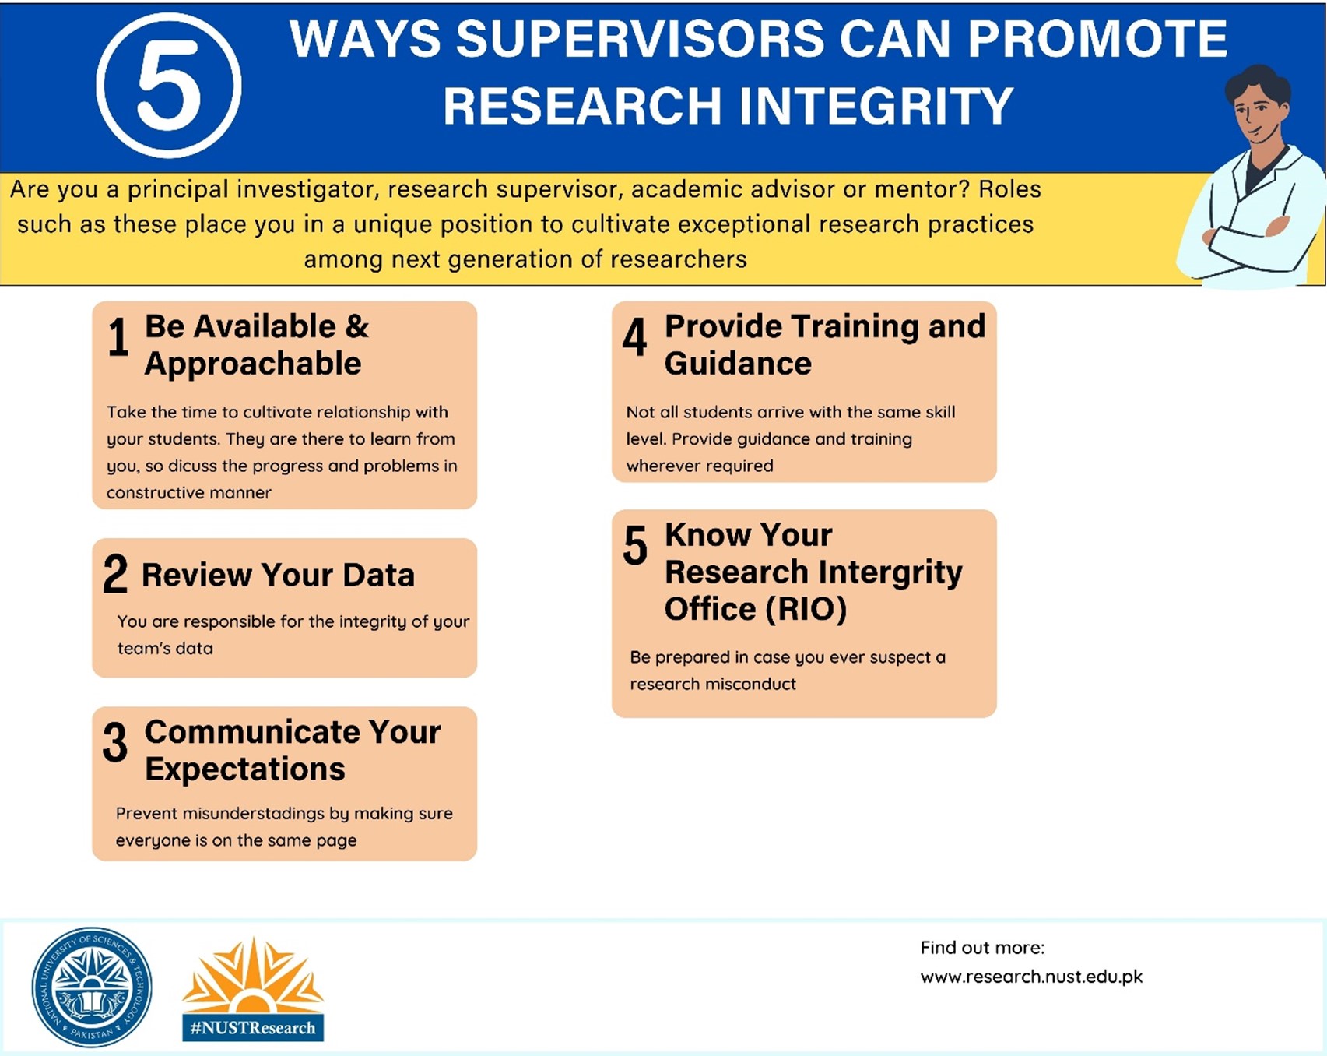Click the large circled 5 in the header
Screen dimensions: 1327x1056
tap(168, 86)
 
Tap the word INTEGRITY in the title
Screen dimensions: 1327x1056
tap(876, 106)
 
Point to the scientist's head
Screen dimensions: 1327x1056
tap(1256, 105)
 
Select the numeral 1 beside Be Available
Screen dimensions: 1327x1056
tap(118, 337)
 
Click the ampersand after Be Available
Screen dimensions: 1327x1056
tap(357, 326)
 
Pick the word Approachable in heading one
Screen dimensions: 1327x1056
tap(253, 364)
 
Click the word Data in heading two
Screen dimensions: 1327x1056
tap(378, 575)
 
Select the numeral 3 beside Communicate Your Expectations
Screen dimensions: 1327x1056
tap(115, 741)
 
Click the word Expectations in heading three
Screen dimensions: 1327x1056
tap(245, 769)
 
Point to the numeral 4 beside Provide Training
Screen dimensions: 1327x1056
tap(635, 336)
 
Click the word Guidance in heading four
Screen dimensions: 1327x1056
tap(738, 364)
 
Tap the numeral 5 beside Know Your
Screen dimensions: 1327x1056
tap(635, 545)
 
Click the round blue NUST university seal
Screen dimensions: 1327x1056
tap(92, 987)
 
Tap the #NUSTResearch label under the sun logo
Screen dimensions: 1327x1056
tap(253, 1028)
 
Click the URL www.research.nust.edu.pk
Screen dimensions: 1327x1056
tap(1031, 977)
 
